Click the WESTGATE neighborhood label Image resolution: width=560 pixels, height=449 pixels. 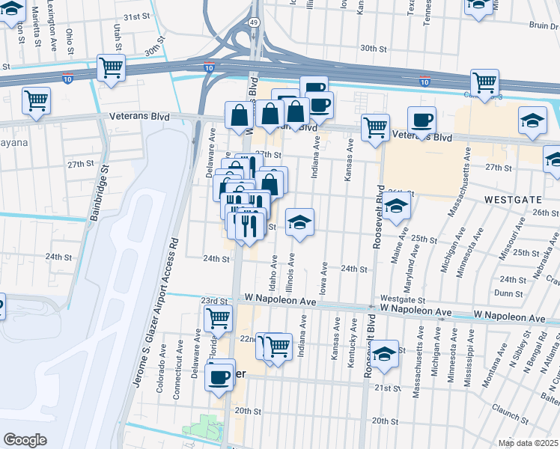(512, 201)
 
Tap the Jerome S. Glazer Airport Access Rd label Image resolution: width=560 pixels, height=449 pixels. (156, 311)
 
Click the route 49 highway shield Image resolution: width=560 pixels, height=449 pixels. (255, 23)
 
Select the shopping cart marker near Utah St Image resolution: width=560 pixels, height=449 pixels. (111, 68)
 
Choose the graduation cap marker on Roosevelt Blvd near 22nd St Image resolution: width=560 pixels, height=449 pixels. (386, 355)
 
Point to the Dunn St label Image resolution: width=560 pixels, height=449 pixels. (508, 294)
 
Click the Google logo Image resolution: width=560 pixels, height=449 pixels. (25, 440)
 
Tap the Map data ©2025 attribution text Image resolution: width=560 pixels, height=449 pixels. (527, 442)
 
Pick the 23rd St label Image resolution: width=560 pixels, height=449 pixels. (214, 300)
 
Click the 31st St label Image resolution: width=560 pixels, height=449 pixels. (136, 16)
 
